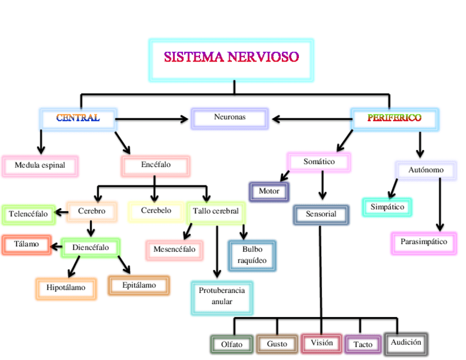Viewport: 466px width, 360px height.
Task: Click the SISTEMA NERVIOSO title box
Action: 231,59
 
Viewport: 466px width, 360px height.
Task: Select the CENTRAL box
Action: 78,118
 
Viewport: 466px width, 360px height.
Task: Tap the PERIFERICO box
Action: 395,118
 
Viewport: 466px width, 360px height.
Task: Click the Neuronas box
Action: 230,118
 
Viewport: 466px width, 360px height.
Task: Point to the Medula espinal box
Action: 40,165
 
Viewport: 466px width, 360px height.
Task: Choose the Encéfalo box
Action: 156,165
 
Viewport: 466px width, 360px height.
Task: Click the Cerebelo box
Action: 156,211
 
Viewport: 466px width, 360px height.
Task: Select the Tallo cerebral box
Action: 215,212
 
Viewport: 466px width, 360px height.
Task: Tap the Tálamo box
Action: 26,245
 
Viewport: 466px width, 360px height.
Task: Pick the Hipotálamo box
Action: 66,288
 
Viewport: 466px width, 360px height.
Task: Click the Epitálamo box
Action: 138,286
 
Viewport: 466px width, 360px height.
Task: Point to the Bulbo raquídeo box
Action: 252,255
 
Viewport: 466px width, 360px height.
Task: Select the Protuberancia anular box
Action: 222,297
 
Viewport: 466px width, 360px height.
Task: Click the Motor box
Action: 269,192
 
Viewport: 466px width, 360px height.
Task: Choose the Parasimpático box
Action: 424,242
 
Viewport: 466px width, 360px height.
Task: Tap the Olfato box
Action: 231,345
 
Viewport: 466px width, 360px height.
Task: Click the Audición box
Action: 406,343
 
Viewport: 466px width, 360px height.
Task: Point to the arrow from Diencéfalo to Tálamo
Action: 56,248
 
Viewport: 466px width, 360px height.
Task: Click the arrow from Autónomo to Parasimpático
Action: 440,203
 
